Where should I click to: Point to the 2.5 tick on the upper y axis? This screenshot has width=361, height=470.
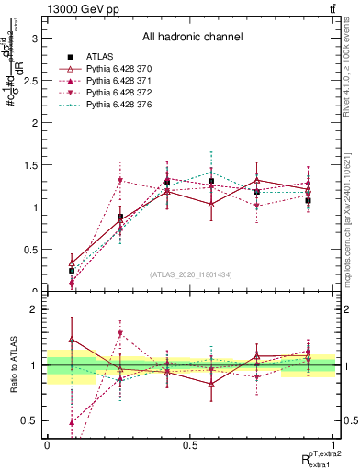click(31, 81)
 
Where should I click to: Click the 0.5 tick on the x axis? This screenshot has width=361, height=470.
click(190, 445)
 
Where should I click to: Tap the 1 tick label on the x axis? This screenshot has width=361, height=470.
click(334, 445)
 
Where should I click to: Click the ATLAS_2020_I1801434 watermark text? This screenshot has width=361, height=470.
click(191, 274)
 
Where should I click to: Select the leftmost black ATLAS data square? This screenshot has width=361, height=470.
click(72, 271)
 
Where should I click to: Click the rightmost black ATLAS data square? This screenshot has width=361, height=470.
click(309, 200)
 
